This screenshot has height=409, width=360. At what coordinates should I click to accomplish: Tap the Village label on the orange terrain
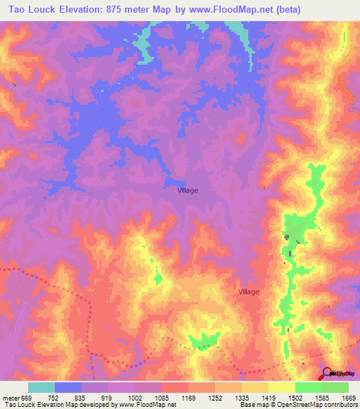(249, 292)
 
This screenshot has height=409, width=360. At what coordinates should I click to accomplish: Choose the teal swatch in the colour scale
(41, 387)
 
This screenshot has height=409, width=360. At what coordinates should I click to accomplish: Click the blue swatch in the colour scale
(68, 387)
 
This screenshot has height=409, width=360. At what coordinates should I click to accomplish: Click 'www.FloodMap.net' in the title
(230, 9)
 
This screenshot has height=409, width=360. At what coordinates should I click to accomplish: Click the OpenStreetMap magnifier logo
(327, 373)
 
